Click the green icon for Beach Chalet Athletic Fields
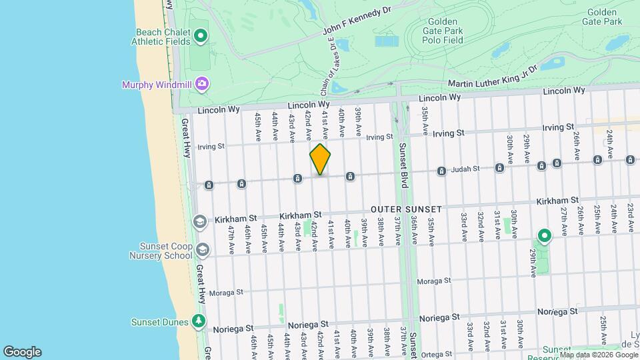[201, 35]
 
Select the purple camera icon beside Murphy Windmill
[201, 84]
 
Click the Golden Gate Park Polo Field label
[447, 31]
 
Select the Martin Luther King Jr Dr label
[492, 83]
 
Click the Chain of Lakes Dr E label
[330, 57]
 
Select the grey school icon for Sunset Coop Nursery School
[201, 250]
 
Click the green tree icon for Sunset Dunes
[198, 321]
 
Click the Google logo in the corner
[22, 351]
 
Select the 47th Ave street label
[231, 237]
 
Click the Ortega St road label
[435, 355]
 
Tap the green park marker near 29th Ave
[545, 236]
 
